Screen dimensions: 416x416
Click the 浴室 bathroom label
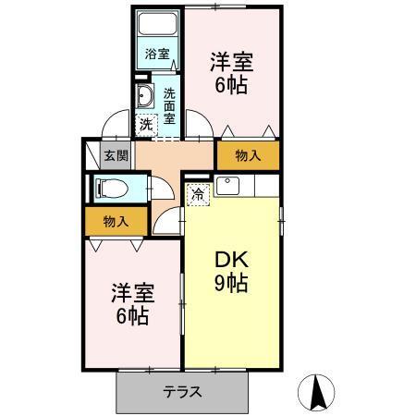[157, 55]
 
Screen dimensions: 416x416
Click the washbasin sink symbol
[146, 97]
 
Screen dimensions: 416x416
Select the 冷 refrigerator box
[197, 193]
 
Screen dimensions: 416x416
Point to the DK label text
[231, 259]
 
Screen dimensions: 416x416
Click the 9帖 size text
[231, 284]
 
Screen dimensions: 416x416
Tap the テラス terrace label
[183, 390]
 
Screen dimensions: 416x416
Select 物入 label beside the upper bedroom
[248, 155]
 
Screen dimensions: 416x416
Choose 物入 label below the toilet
[115, 221]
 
